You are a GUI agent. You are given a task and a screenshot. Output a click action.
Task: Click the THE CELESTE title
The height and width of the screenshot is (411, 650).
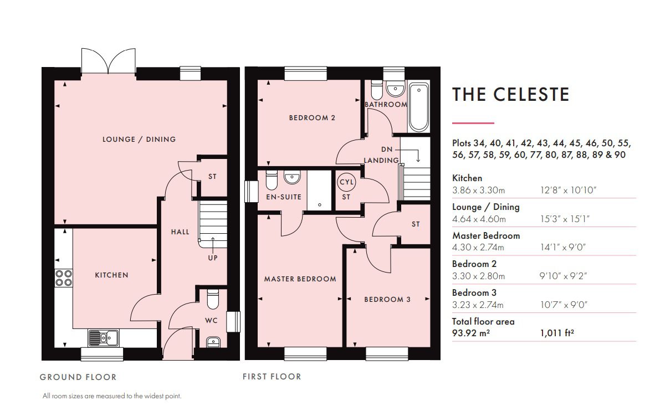click(x=510, y=95)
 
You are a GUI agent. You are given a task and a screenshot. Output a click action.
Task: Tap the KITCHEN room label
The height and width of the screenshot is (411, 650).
click(x=111, y=275)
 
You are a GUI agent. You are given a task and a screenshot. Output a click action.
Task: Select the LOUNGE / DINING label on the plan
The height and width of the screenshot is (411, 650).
click(x=139, y=139)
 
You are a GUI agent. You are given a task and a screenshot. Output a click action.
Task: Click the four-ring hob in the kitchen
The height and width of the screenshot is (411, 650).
click(x=63, y=278)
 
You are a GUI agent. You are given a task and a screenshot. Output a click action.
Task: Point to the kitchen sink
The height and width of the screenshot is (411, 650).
click(x=103, y=338)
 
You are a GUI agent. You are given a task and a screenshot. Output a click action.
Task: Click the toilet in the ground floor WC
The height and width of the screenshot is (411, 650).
click(x=213, y=299)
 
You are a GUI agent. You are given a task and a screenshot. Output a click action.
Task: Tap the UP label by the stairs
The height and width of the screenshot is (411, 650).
click(x=213, y=258)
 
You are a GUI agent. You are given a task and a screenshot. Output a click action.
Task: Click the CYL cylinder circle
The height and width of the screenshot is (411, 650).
click(x=346, y=182)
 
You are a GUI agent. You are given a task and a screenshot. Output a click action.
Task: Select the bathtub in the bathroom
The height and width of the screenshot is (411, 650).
click(x=419, y=107)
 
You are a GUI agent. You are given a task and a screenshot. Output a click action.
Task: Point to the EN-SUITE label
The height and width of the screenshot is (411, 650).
click(x=284, y=197)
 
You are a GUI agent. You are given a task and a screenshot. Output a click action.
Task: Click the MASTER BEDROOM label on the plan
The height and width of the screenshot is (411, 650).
click(x=300, y=279)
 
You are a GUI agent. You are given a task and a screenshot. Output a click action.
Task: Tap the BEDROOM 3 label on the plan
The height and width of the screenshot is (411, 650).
click(x=387, y=300)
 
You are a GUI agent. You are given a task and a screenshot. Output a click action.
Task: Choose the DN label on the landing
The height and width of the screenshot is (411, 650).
click(x=387, y=149)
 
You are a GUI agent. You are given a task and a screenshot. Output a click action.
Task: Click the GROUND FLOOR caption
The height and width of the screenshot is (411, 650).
click(x=78, y=377)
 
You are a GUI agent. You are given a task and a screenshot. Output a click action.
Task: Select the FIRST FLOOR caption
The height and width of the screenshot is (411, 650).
click(x=272, y=377)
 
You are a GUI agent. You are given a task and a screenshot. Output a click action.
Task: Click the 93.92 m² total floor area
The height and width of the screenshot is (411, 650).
click(x=471, y=333)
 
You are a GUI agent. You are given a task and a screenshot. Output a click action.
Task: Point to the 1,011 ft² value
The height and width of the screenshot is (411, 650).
click(x=557, y=333)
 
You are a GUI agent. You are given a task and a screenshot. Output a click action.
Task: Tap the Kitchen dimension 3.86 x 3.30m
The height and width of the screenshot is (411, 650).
click(x=478, y=190)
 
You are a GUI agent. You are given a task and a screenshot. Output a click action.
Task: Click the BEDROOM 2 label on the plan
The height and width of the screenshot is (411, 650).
click(x=312, y=117)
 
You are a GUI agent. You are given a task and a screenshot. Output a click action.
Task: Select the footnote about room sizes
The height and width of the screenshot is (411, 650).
click(x=112, y=396)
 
